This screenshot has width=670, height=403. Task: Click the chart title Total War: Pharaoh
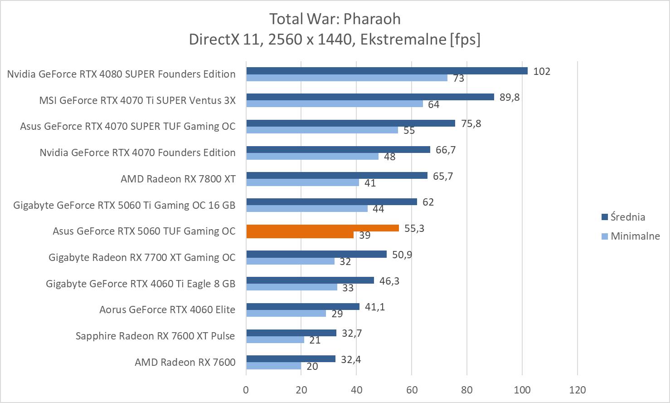tap(335, 19)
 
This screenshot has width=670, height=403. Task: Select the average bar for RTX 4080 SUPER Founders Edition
tap(387, 71)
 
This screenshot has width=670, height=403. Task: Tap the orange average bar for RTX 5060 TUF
tap(322, 228)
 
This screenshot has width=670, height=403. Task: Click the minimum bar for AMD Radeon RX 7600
tap(273, 366)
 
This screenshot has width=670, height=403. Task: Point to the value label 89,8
tap(509, 97)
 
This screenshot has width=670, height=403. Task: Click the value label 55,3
tap(414, 228)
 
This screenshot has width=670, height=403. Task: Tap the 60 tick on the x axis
tap(412, 390)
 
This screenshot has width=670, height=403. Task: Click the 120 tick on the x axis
tap(577, 390)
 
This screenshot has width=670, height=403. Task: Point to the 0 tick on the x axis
tap(246, 390)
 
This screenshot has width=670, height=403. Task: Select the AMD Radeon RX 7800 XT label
tap(178, 179)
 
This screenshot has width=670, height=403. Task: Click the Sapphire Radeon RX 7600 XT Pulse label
tap(155, 336)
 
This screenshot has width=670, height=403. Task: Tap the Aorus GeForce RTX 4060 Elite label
tap(167, 310)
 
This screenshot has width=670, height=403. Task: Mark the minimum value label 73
tap(458, 78)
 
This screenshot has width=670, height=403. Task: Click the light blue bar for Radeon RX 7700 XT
tap(290, 261)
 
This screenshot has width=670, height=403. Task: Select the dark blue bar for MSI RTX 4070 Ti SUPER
tap(370, 97)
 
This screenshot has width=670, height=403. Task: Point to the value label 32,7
tap(352, 333)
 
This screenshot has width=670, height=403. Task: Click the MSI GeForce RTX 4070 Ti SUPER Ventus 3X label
tap(137, 100)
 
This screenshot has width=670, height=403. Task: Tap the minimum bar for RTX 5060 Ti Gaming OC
tap(306, 208)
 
